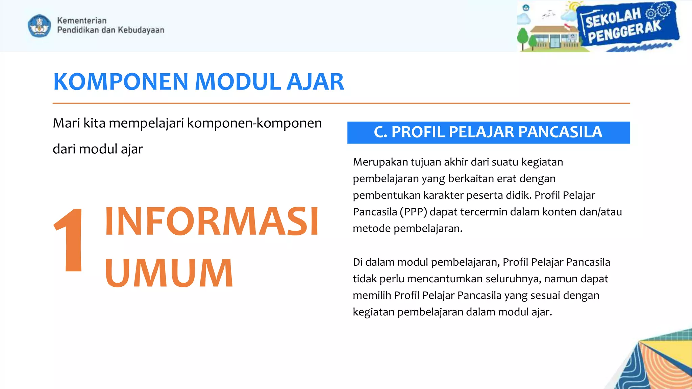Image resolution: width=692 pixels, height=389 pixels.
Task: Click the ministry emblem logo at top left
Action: coord(40,25)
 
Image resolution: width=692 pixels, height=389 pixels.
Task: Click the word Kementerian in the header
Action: coord(82,21)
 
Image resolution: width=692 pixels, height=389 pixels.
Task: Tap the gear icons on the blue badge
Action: coord(658,11)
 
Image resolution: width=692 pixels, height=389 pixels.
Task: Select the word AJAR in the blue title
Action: coord(315,82)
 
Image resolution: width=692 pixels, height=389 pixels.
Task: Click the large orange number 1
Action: coord(70,240)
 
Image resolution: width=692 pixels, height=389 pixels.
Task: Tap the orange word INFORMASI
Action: coord(212,222)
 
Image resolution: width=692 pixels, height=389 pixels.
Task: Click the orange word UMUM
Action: coord(169,273)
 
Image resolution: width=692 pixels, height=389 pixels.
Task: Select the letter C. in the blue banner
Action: coord(380,132)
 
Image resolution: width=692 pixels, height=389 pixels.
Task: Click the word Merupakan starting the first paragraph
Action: coord(380,162)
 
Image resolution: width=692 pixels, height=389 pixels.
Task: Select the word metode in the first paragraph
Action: coord(372,229)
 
